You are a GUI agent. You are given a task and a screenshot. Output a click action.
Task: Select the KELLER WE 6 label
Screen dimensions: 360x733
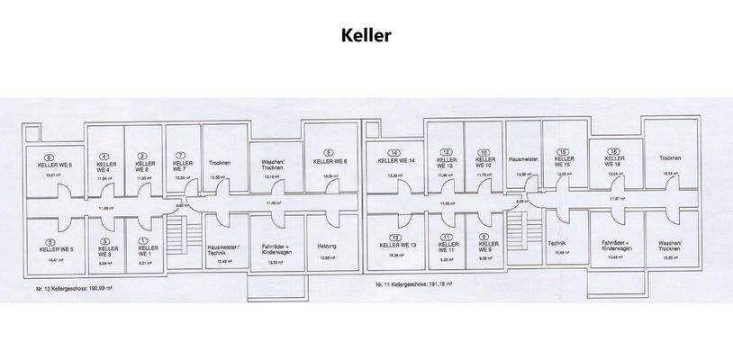coord(54,166)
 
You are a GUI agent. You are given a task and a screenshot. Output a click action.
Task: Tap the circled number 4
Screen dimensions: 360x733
coord(104,156)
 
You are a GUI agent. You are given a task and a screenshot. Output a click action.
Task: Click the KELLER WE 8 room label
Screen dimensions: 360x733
coord(329,162)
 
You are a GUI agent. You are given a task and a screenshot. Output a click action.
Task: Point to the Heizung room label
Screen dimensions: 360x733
coord(327,247)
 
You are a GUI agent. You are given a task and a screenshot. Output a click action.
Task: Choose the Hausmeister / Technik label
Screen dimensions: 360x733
coord(222,250)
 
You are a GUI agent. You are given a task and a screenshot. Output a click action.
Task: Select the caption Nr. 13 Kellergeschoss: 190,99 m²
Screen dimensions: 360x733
coord(73,290)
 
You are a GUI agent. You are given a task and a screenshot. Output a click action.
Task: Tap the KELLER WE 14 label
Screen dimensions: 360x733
coord(397,161)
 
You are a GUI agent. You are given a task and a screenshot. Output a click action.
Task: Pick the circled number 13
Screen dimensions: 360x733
coord(395,237)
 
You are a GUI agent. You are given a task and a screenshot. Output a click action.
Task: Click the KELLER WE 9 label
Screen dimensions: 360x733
coord(484,247)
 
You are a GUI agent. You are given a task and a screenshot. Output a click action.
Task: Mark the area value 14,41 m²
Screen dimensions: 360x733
coord(51,259)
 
